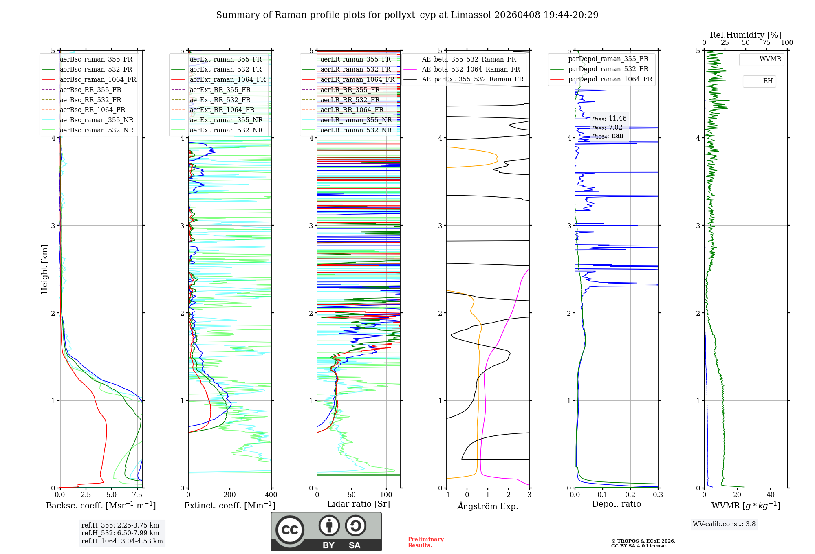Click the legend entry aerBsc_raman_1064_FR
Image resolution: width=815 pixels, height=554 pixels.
tap(98, 79)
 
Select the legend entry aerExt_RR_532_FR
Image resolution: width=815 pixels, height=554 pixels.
tap(220, 100)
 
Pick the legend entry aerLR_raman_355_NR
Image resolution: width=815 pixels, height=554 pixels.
tap(356, 120)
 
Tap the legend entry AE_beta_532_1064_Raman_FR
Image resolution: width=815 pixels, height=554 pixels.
tap(471, 69)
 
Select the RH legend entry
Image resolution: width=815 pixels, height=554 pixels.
tap(768, 81)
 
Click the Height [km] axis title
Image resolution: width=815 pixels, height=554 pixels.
tap(44, 269)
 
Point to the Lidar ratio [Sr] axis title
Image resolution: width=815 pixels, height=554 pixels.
tap(358, 504)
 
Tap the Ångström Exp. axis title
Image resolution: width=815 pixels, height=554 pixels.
tap(488, 506)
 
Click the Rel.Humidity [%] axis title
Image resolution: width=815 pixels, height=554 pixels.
tap(745, 35)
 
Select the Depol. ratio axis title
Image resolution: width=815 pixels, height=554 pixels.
tap(616, 504)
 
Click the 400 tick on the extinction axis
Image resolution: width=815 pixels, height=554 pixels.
tap(271, 495)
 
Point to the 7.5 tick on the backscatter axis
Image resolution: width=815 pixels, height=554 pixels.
tap(137, 495)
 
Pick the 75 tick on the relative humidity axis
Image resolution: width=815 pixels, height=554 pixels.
tap(766, 43)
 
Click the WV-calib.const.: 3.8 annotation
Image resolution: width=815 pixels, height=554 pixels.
tap(724, 524)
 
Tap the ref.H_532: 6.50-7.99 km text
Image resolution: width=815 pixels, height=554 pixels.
tap(120, 533)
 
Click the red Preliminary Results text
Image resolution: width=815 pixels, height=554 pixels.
tap(425, 542)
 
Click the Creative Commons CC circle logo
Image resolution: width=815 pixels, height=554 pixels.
tap(290, 530)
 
